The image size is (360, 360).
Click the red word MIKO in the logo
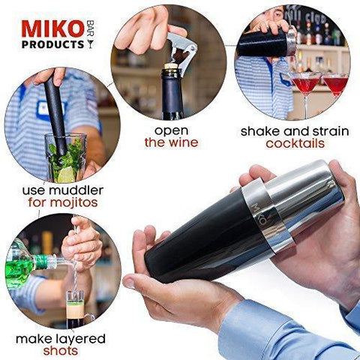(52, 29)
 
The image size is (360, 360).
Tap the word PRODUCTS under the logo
(53, 44)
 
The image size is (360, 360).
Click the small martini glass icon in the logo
(90, 44)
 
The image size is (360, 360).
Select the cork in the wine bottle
(171, 66)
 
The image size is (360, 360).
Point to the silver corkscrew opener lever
(182, 50)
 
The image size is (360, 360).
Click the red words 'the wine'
(172, 142)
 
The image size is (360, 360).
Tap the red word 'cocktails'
(295, 143)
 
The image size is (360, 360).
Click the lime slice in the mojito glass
(66, 174)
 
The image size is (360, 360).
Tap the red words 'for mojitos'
(63, 202)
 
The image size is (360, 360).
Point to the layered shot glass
(75, 309)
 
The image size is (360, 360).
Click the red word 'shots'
(60, 350)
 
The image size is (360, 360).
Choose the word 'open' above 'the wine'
(171, 131)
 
